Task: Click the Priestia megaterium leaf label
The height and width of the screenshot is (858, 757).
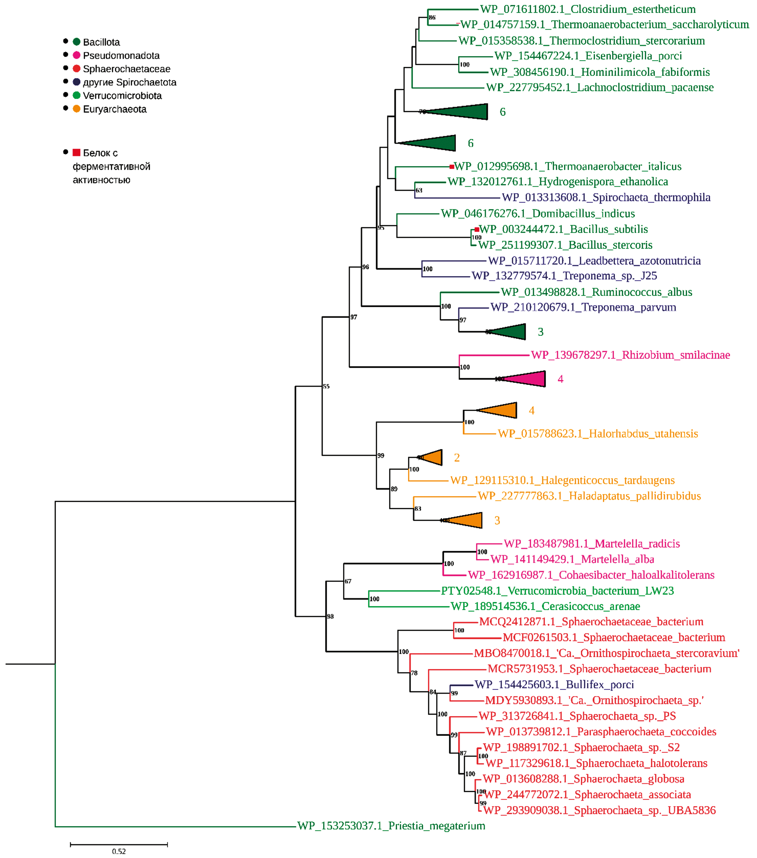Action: click(x=391, y=826)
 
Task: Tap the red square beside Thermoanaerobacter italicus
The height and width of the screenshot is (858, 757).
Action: click(x=451, y=167)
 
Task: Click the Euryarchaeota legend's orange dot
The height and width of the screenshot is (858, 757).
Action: click(x=76, y=109)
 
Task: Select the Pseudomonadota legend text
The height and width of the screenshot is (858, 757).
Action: click(x=121, y=55)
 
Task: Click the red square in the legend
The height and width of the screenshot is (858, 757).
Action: click(x=76, y=152)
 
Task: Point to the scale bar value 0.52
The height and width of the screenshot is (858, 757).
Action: click(x=119, y=851)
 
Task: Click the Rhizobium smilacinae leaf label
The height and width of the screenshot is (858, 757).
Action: click(x=630, y=355)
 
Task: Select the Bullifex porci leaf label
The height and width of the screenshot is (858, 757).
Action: click(x=554, y=685)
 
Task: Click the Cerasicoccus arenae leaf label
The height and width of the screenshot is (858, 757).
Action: click(x=545, y=606)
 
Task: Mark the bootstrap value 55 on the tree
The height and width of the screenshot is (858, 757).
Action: click(x=326, y=386)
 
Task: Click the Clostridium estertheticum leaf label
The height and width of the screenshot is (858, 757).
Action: click(x=588, y=9)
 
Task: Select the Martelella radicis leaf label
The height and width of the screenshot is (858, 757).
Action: click(x=592, y=544)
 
